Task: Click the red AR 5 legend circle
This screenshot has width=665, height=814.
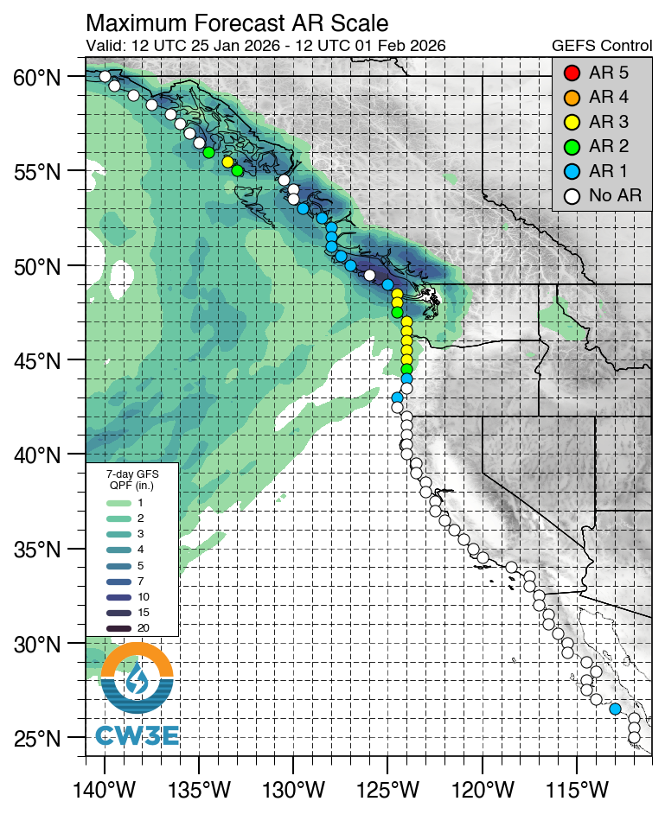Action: tap(570, 72)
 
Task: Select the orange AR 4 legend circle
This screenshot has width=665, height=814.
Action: tap(570, 97)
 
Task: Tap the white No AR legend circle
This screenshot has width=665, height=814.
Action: tap(570, 196)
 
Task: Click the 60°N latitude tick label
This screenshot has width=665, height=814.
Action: tap(36, 78)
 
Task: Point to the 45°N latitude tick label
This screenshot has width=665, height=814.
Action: tap(36, 360)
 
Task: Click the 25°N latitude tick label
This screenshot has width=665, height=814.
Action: tap(36, 740)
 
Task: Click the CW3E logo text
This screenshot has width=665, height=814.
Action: tap(137, 736)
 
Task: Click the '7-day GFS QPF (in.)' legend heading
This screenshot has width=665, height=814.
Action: tap(132, 480)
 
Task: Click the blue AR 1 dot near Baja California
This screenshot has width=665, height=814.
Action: tap(615, 709)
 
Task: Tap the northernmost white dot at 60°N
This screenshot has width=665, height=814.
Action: tap(105, 76)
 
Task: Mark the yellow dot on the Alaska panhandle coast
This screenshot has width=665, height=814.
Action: tap(227, 162)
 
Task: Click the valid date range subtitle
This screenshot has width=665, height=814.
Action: tap(266, 45)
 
